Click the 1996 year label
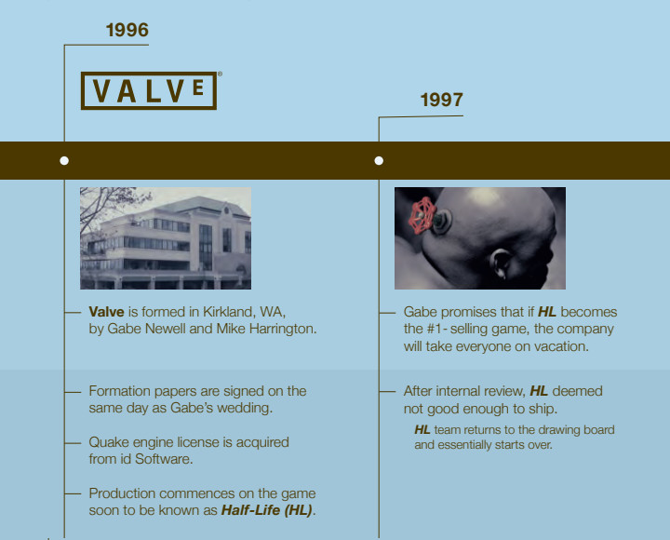(x=127, y=30)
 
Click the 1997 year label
(x=441, y=100)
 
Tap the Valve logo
(x=149, y=90)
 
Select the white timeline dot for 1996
(x=64, y=160)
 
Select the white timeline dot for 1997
(x=379, y=160)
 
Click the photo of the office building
(x=165, y=237)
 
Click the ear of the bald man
(x=500, y=265)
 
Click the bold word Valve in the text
(x=107, y=312)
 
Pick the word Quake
(x=109, y=442)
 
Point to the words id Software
(x=160, y=459)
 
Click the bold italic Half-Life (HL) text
(x=266, y=510)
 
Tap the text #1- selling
(x=456, y=329)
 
